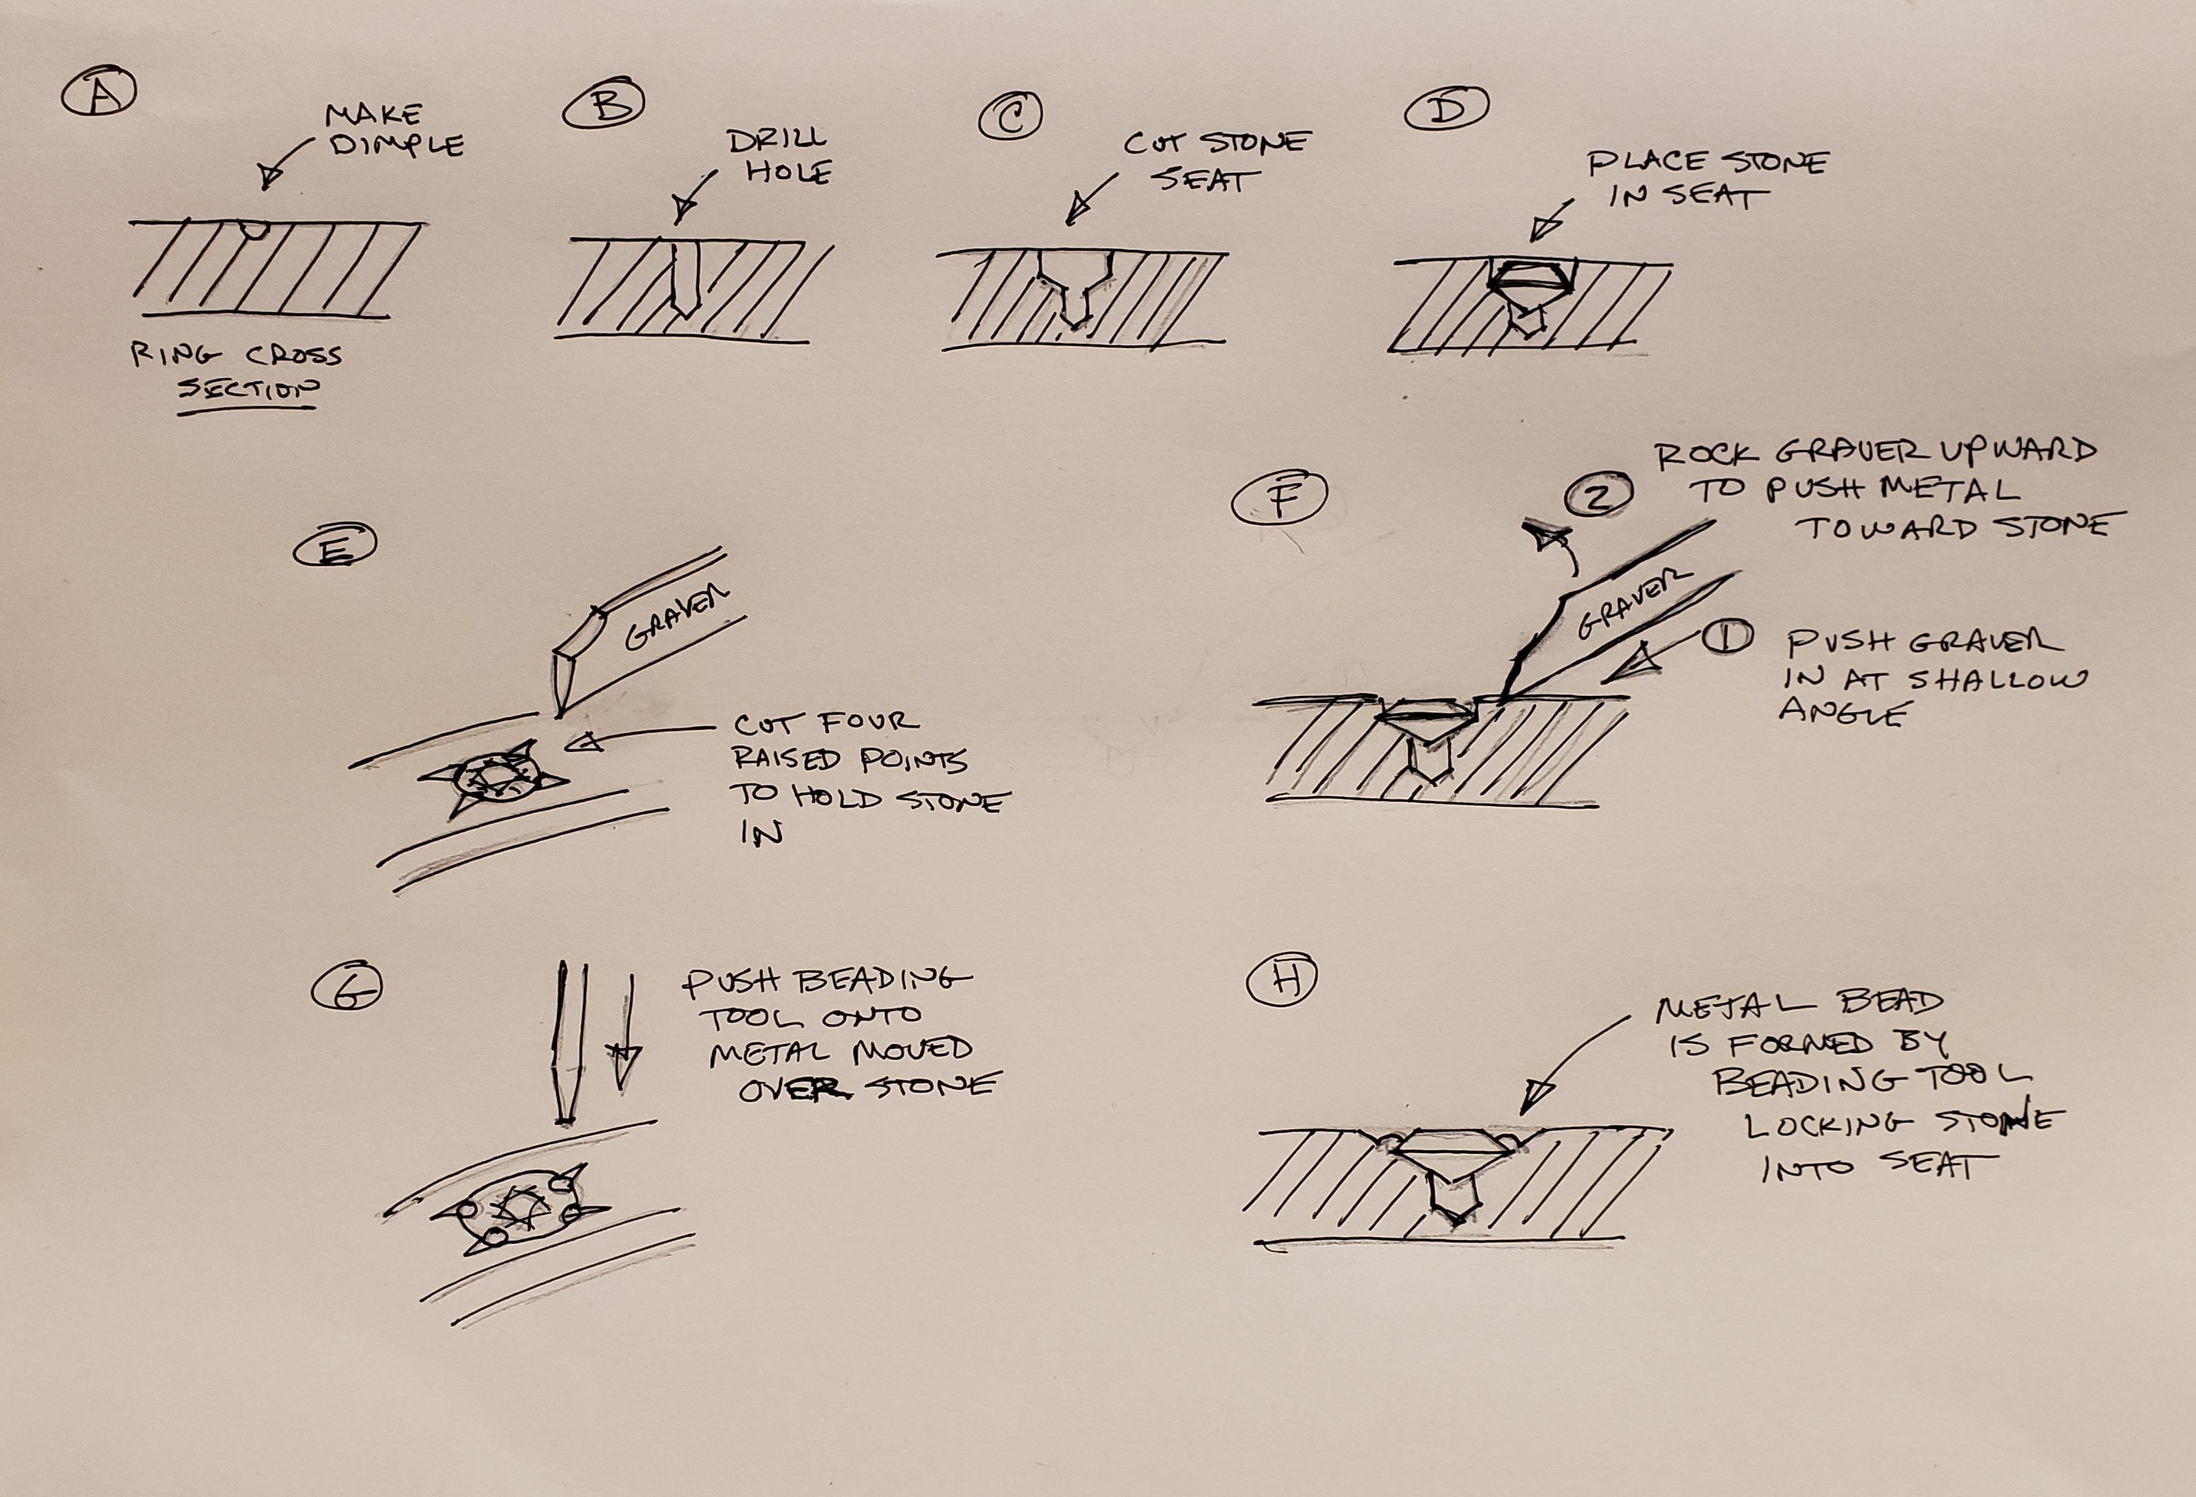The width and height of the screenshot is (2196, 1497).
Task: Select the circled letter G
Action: tap(346, 989)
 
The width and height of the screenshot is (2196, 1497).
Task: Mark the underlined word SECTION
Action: tap(249, 389)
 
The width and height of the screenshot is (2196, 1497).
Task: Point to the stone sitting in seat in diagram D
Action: tap(1531, 277)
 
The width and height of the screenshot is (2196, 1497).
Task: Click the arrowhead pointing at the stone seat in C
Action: tap(1073, 216)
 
